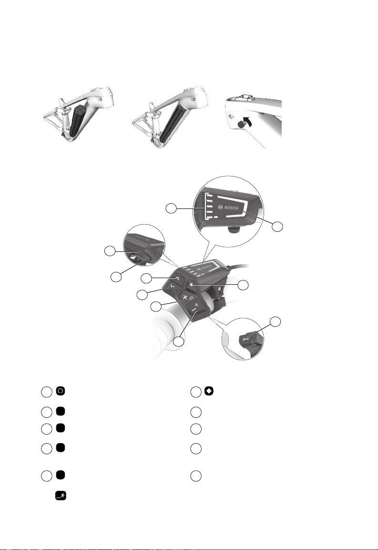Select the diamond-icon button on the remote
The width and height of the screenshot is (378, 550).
[x=191, y=285]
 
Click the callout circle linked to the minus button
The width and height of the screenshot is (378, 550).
[x=179, y=342]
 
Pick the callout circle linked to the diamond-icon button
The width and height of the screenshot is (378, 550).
[x=243, y=285]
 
